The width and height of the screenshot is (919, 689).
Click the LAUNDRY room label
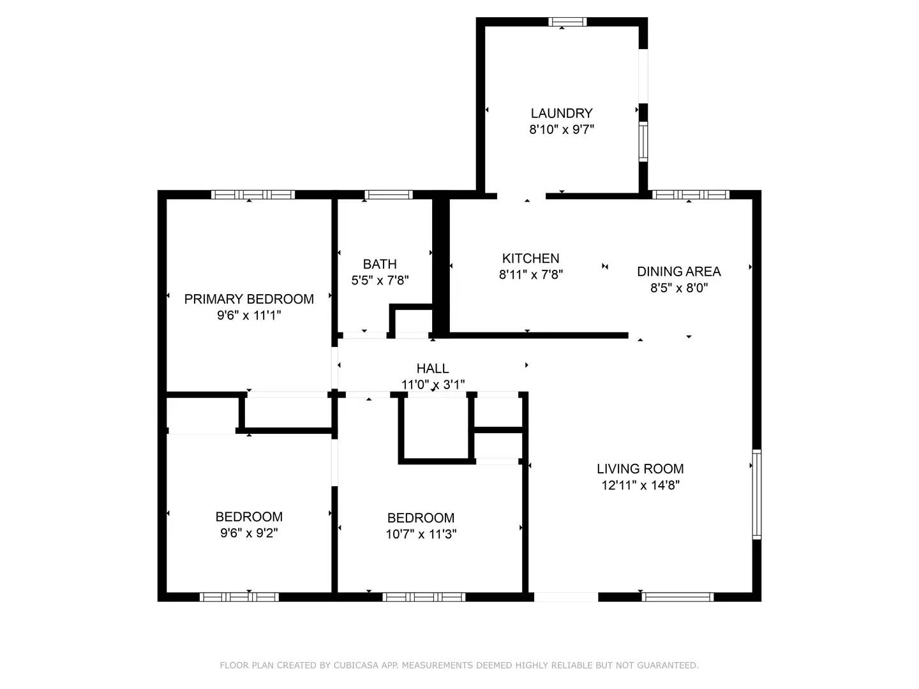point(562,114)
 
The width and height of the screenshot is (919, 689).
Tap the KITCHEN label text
point(530,258)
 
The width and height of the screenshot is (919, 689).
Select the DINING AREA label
point(678,272)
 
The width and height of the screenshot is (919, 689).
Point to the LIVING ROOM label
point(640,469)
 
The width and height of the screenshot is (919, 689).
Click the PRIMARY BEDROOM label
point(249,299)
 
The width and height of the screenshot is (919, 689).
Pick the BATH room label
point(380,264)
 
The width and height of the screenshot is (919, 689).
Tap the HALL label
point(433,368)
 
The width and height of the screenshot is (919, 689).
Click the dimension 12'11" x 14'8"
point(640,485)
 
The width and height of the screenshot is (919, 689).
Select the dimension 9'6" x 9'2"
point(249,533)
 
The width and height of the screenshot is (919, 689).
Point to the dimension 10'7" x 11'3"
point(421,535)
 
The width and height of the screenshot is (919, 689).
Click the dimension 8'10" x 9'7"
point(562,130)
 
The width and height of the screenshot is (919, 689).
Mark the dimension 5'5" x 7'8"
point(380,280)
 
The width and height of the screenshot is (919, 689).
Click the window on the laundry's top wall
point(567,22)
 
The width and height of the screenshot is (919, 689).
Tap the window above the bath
point(388,195)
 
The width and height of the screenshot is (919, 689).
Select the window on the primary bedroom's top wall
point(253,195)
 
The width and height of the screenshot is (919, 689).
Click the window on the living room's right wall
point(757,494)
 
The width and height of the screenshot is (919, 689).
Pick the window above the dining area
point(690,195)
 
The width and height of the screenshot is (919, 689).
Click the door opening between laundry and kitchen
point(521,195)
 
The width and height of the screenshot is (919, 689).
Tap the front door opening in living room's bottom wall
point(565,597)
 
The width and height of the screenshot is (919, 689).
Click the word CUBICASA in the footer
point(357,665)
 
